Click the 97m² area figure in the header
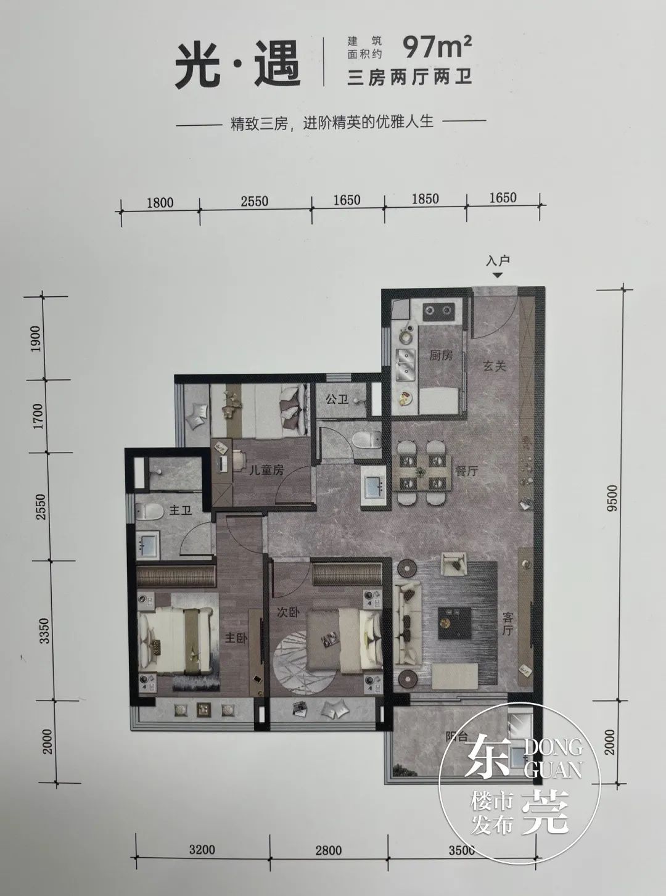[x=438, y=45]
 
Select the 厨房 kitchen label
[x=441, y=356]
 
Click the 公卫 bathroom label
[x=337, y=400]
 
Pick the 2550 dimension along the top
[x=254, y=201]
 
